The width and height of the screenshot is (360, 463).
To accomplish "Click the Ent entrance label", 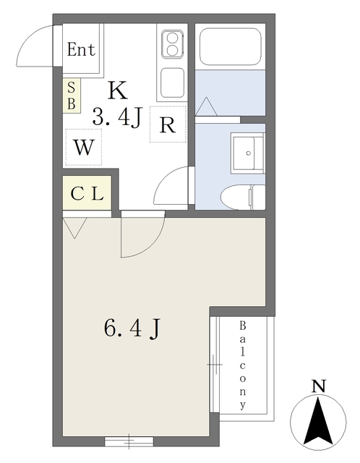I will pyautogui.click(x=81, y=50).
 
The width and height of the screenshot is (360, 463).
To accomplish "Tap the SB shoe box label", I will pyautogui.click(x=72, y=95).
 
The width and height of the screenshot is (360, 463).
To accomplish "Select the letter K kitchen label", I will pyautogui.click(x=117, y=90).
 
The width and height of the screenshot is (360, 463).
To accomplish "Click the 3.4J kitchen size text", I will pyautogui.click(x=115, y=116).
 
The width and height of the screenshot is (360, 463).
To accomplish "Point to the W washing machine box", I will pyautogui.click(x=84, y=148).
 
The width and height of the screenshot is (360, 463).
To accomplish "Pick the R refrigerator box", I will pyautogui.click(x=168, y=124).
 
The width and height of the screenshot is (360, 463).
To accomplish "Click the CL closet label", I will pyautogui.click(x=87, y=193).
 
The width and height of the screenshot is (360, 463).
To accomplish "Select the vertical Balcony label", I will pyautogui.click(x=244, y=365).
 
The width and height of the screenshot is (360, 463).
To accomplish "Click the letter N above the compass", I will pyautogui.click(x=317, y=387).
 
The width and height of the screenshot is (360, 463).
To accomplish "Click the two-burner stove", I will pyautogui.click(x=172, y=45).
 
